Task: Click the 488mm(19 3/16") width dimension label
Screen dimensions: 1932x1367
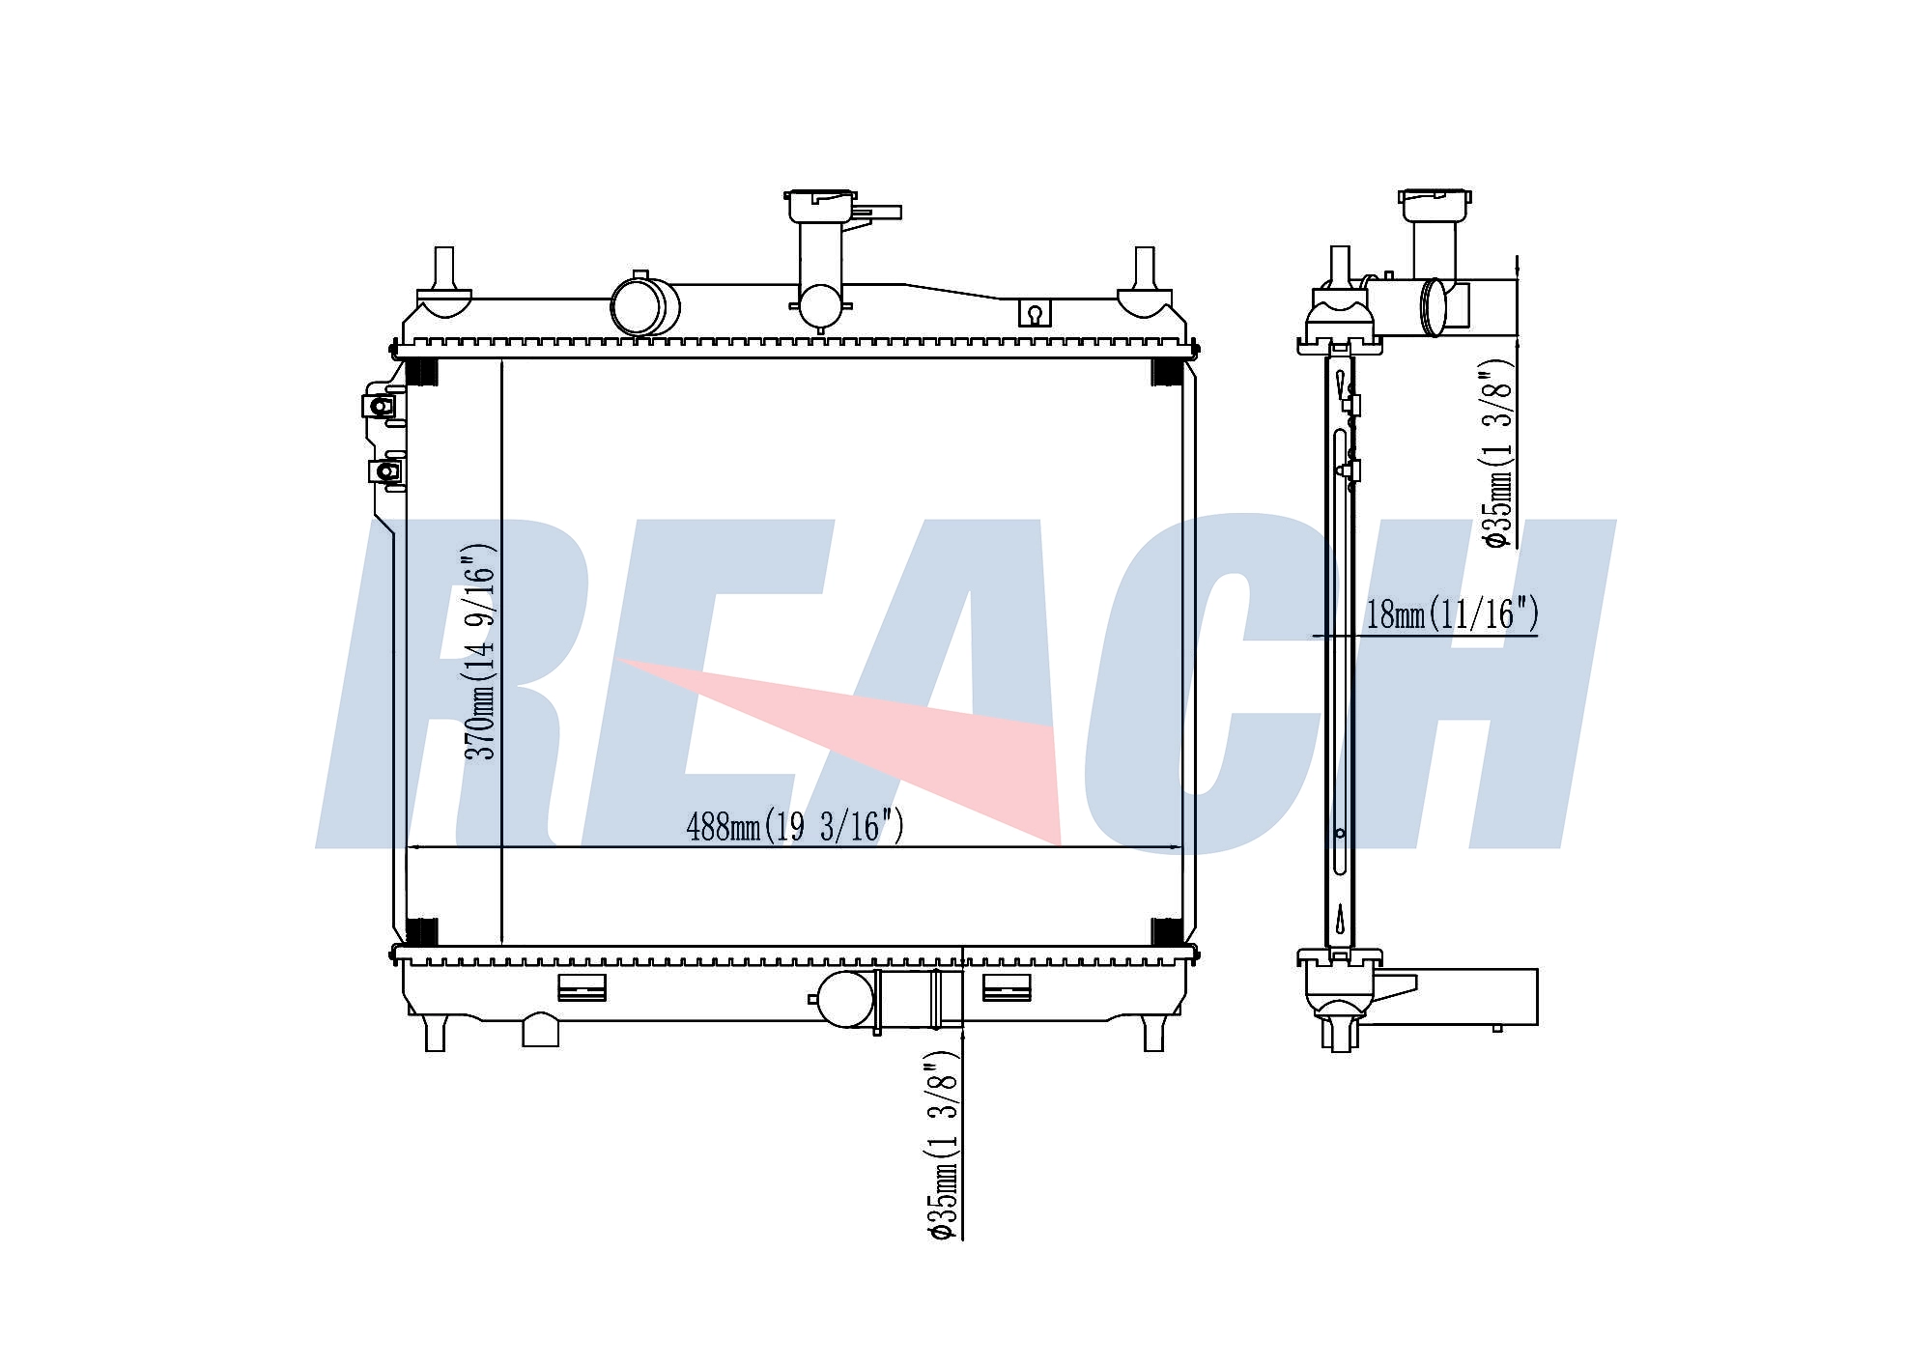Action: tap(795, 826)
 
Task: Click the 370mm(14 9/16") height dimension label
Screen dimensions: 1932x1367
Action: tap(480, 652)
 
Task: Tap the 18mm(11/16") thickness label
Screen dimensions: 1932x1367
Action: tap(1452, 614)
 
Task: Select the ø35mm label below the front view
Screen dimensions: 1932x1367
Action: tap(942, 1150)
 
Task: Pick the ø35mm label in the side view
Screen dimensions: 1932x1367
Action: tap(1498, 454)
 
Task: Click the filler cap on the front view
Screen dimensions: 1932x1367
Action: tap(821, 206)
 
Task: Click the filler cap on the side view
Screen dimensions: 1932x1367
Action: tap(1435, 206)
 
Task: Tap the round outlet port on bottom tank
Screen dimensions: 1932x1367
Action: tap(844, 1000)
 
